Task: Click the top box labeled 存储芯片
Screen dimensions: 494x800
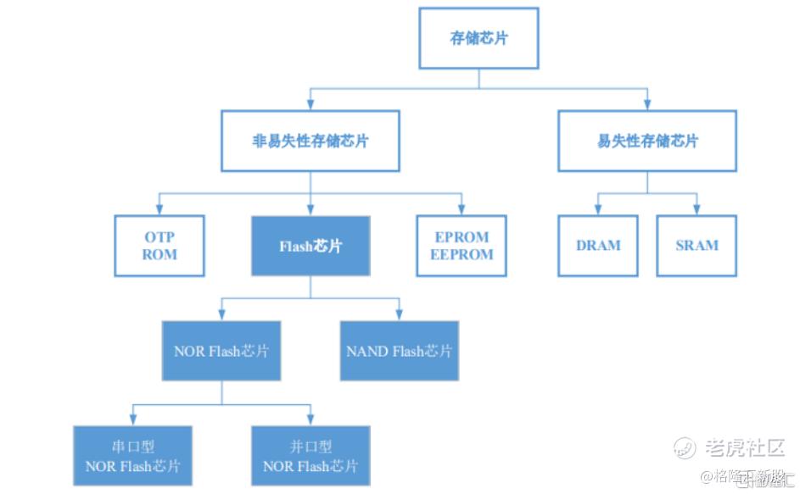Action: [x=478, y=38]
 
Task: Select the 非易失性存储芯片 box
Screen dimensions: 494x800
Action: [x=310, y=141]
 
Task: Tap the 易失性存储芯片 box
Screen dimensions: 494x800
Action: [x=647, y=141]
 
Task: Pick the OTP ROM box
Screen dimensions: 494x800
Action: [x=159, y=246]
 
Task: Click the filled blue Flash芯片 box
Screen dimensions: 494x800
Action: [x=310, y=246]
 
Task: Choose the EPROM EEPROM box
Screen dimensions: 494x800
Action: [x=461, y=246]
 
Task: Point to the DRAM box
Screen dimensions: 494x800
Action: [x=598, y=246]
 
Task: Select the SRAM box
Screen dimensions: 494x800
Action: [x=697, y=246]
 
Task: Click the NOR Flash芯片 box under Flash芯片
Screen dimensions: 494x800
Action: [x=221, y=350]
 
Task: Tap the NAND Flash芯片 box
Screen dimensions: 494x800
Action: [x=399, y=350]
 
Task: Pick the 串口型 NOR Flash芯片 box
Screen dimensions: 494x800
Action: [x=132, y=456]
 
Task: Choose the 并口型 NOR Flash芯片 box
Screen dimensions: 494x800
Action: [x=310, y=456]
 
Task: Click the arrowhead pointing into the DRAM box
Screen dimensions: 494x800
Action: [x=598, y=211]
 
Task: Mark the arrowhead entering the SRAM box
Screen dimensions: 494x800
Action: [x=697, y=211]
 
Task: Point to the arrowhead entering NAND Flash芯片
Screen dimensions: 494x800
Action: [x=399, y=316]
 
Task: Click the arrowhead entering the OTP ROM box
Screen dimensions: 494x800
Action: [x=159, y=211]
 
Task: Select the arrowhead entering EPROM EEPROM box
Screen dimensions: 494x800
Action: [x=461, y=211]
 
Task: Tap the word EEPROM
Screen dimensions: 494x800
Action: [x=461, y=254]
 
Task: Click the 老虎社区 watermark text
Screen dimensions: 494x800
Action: [x=743, y=447]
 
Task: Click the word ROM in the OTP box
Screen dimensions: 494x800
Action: [x=159, y=254]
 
